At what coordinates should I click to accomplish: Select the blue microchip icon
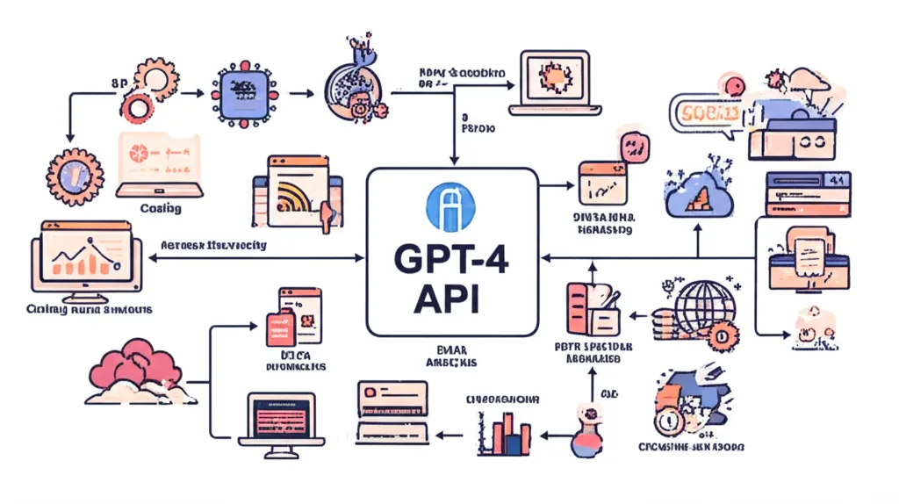click(x=239, y=90)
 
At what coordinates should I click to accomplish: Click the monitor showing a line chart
click(x=84, y=257)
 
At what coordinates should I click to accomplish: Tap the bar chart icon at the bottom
click(x=510, y=432)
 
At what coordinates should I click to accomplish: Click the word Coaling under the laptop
click(x=160, y=208)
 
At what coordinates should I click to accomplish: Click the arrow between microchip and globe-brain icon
click(x=298, y=90)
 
